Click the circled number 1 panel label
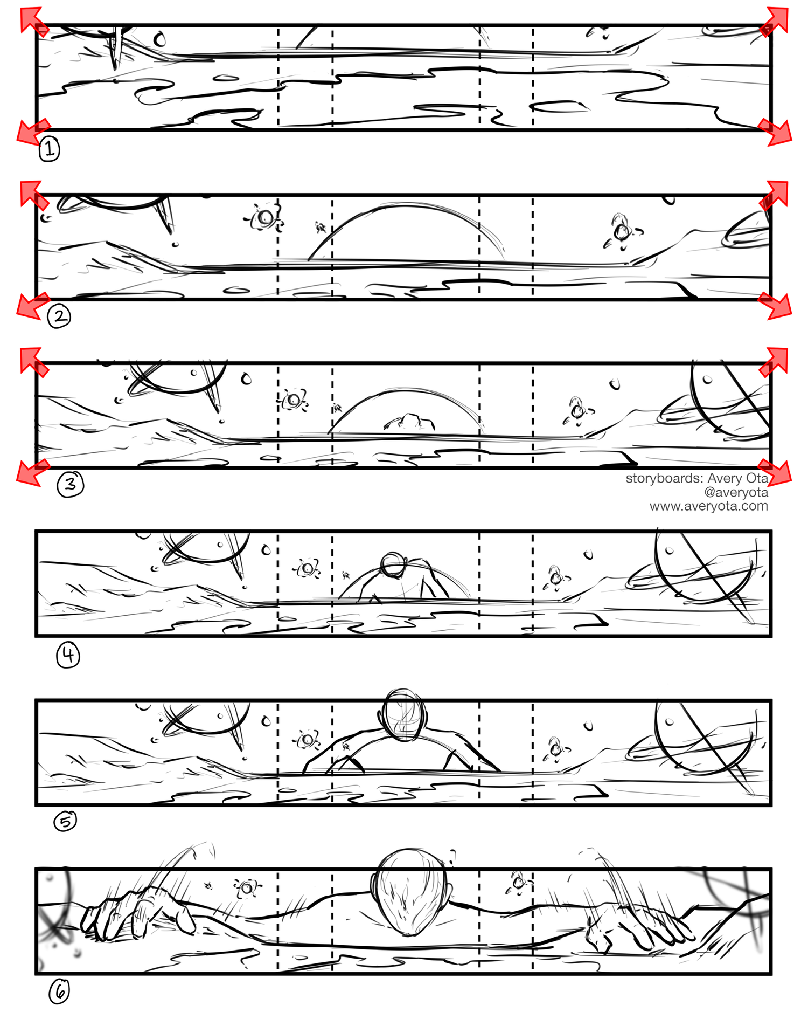click(49, 149)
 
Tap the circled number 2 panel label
click(59, 316)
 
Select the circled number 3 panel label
click(71, 484)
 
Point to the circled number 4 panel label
click(68, 655)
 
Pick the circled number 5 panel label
click(65, 821)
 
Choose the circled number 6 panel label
click(59, 991)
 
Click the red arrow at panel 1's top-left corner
click(33, 20)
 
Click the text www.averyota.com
click(708, 506)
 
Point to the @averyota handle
click(736, 492)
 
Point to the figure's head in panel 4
click(393, 564)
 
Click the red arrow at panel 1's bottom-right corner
click(776, 132)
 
